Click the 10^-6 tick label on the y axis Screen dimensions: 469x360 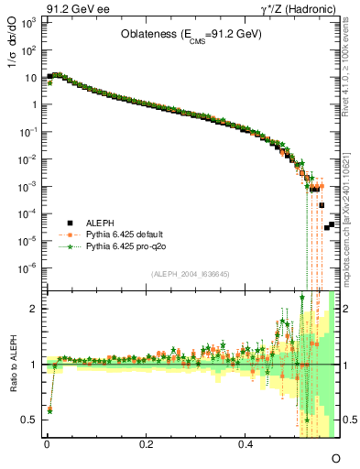[x=27, y=268]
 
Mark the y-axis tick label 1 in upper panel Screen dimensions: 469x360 [x=33, y=104]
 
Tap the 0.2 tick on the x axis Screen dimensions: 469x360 [x=146, y=443]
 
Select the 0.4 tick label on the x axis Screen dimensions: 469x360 [x=245, y=443]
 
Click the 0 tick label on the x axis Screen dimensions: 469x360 [x=46, y=443]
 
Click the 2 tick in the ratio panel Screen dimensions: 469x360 [x=34, y=309]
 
